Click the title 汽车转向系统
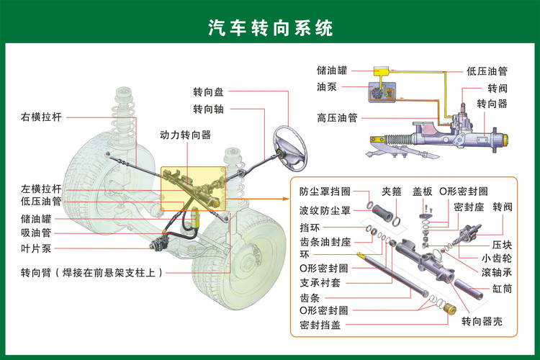(270, 28)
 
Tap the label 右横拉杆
(41, 117)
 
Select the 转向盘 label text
(208, 93)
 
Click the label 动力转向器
(185, 135)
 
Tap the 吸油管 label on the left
(36, 233)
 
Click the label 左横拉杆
(41, 189)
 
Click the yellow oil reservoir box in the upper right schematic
(379, 71)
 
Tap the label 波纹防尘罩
(325, 210)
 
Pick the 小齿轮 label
(496, 257)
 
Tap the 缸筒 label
(502, 288)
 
